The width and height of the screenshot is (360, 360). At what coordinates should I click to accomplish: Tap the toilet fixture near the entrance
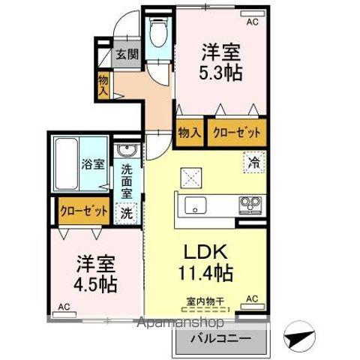pos(157,33)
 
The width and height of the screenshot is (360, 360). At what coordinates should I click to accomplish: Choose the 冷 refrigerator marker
pos(253,160)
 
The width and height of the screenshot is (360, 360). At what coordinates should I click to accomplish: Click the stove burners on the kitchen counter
pos(250,203)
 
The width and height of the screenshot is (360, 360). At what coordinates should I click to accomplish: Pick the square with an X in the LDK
pos(190,178)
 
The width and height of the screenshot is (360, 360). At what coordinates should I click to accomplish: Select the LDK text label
pos(206,253)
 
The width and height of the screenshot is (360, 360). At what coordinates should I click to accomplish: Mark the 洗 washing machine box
pos(127,212)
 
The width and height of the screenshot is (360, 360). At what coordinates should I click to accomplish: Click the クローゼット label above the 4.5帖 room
pos(83,211)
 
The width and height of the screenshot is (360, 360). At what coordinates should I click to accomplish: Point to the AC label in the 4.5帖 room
pos(64,306)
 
